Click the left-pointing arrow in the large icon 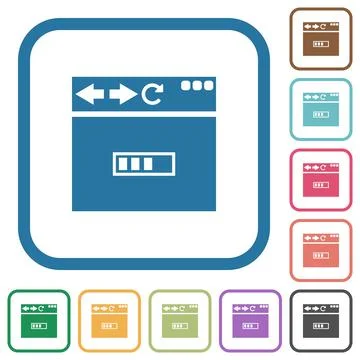[x=90, y=95]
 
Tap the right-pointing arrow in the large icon [x=123, y=95]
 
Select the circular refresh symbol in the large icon [x=151, y=95]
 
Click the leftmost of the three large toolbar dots [x=184, y=87]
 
